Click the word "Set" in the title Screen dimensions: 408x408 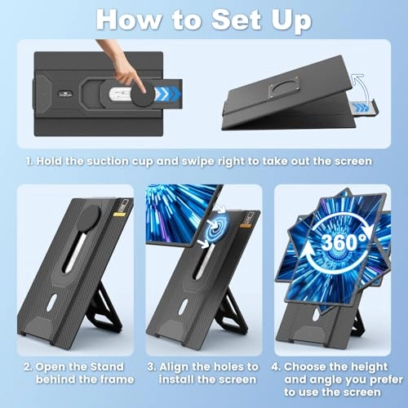(236, 20)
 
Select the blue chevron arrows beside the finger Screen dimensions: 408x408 (167, 93)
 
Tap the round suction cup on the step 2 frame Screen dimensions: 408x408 (88, 218)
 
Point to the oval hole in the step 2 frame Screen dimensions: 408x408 (53, 303)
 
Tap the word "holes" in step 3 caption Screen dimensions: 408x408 (215, 367)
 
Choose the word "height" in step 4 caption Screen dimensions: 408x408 (369, 367)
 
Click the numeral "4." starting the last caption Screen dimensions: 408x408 (276, 367)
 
